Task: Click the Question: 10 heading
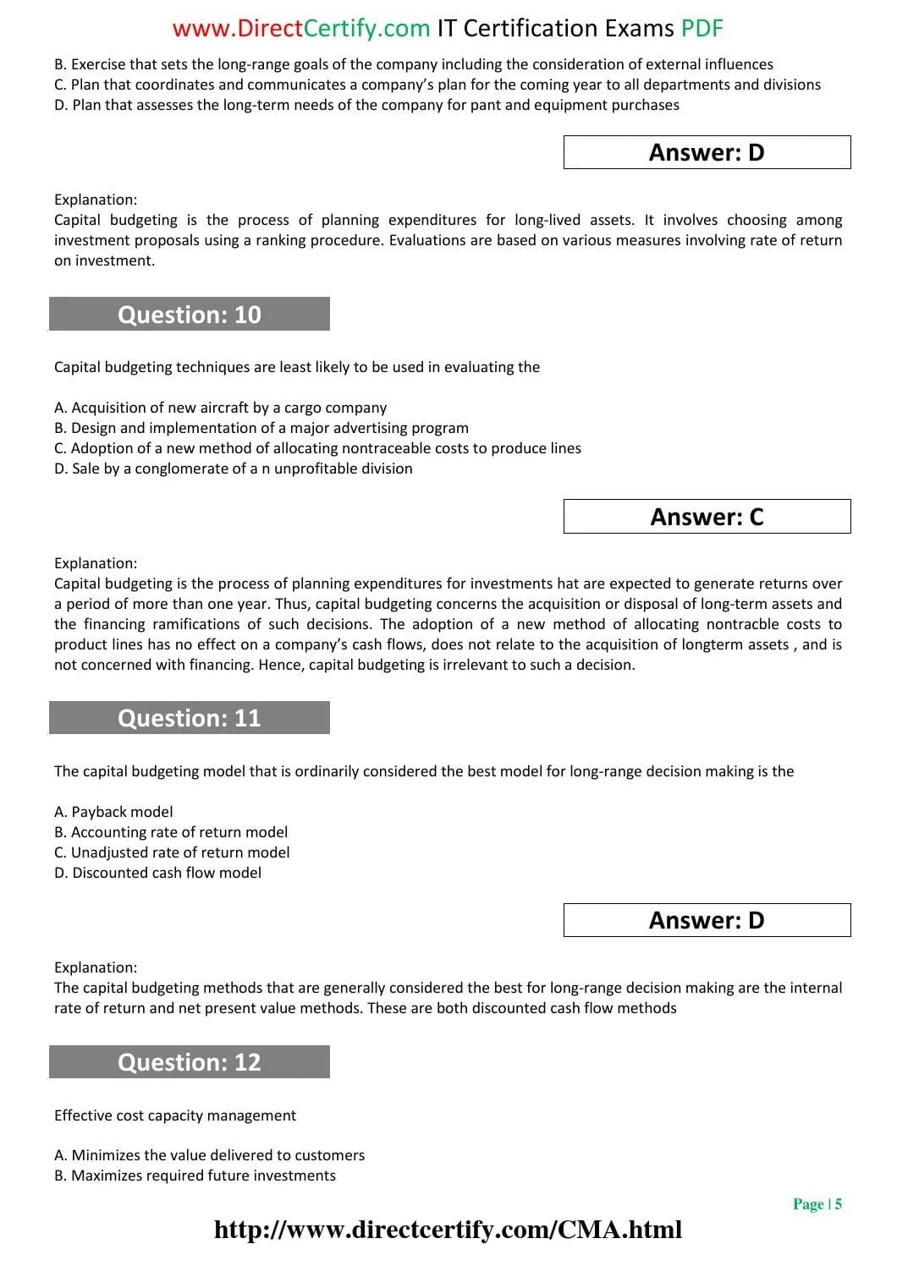click(x=190, y=315)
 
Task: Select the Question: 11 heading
click(x=190, y=718)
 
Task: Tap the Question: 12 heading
click(x=190, y=1062)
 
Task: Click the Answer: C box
click(x=707, y=517)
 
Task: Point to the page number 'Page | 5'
click(x=817, y=1204)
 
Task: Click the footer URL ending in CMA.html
click(x=448, y=1230)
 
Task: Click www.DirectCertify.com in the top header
click(x=301, y=29)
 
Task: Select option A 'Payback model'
click(x=113, y=812)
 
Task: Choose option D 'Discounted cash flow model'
click(x=157, y=873)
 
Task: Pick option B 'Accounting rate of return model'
click(x=171, y=832)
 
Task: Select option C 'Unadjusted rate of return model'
click(x=172, y=852)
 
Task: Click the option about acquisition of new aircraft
click(x=220, y=408)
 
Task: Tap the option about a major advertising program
click(x=261, y=428)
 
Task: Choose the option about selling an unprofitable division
click(x=234, y=469)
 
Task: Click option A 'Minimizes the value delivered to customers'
click(x=209, y=1155)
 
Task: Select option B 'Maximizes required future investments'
click(x=195, y=1176)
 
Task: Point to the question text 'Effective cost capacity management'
click(x=175, y=1115)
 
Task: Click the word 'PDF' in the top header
click(x=702, y=29)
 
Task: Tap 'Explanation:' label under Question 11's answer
click(x=96, y=967)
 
